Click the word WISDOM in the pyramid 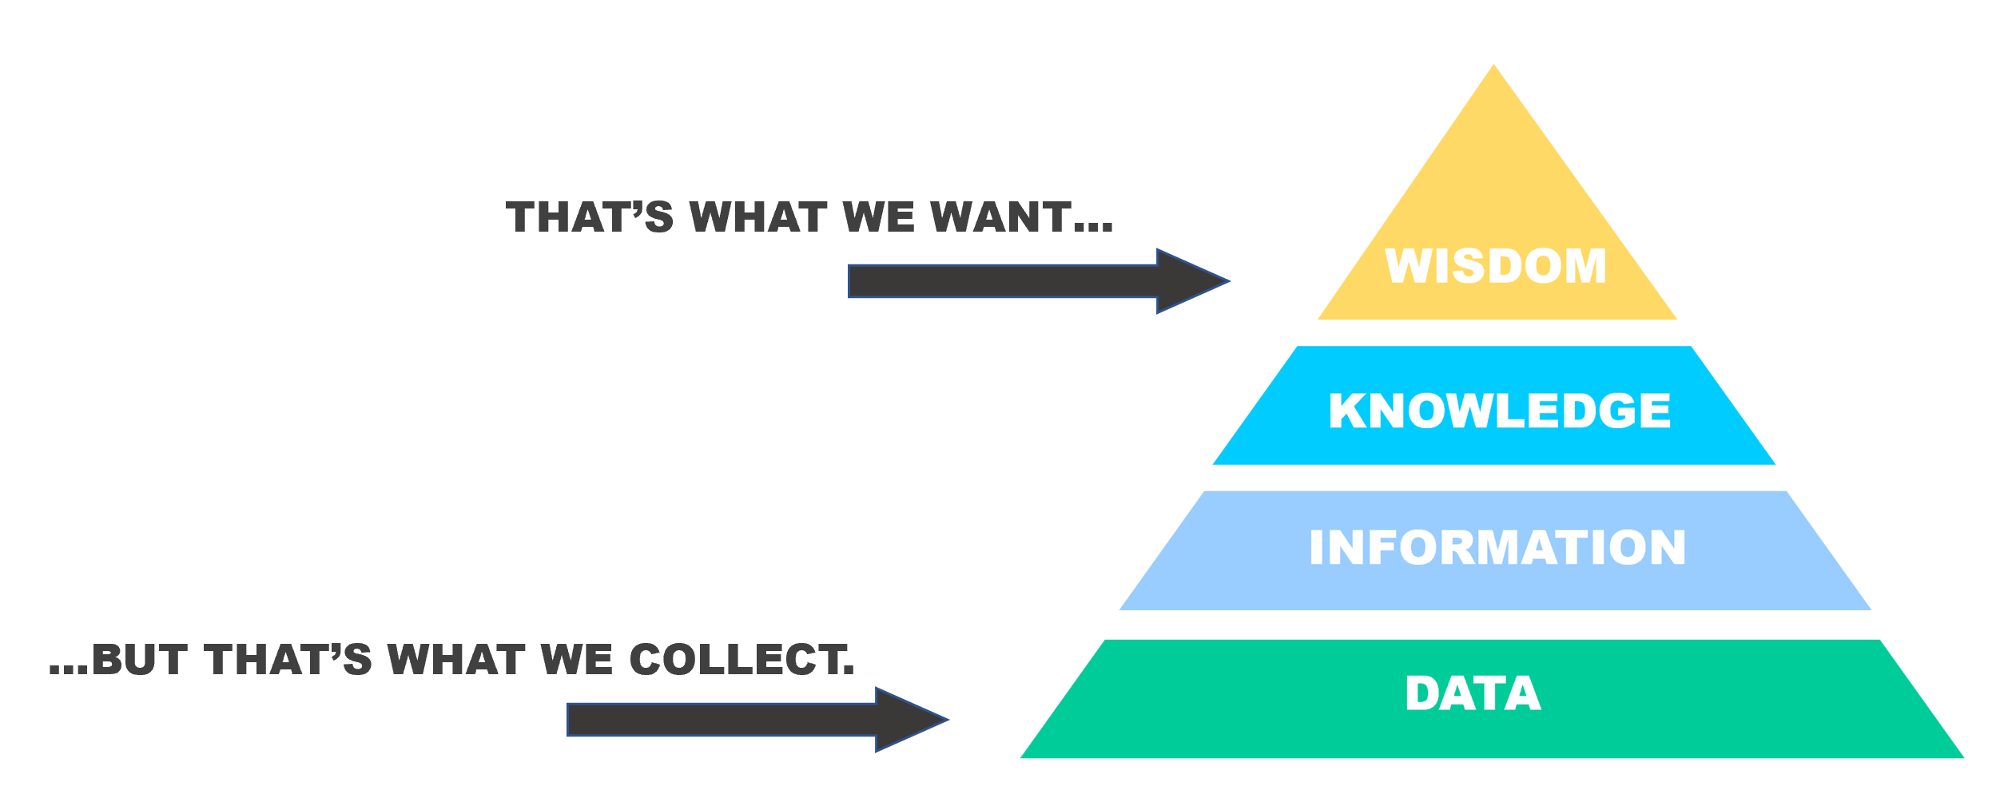[x=1495, y=266]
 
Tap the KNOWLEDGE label [x=1499, y=411]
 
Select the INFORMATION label [x=1497, y=548]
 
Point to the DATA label [x=1473, y=693]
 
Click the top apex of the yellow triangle [x=1493, y=68]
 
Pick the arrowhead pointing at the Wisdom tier [x=1191, y=281]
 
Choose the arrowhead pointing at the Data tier [x=909, y=720]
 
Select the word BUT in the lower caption [x=140, y=660]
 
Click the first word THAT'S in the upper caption [x=590, y=217]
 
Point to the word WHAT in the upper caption [x=758, y=217]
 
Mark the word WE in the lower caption [x=576, y=660]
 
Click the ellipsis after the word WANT [x=1094, y=228]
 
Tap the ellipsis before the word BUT [x=68, y=669]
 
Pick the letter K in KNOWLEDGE [x=1347, y=411]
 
